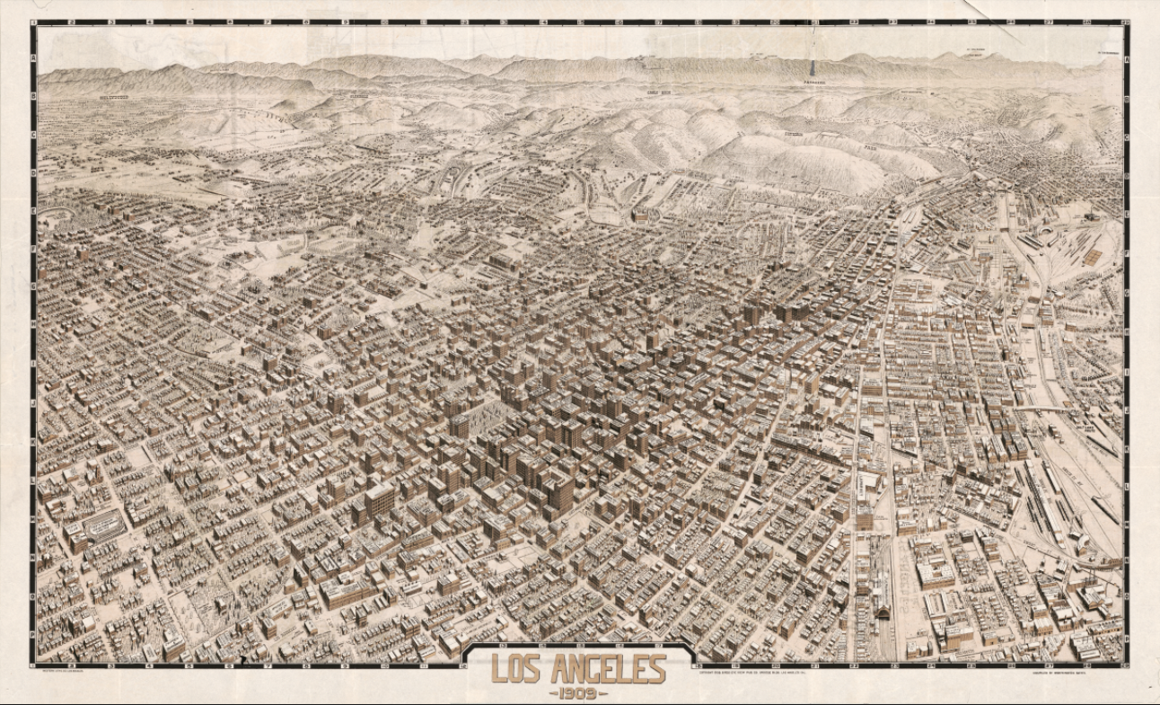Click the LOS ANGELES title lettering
click(578, 670)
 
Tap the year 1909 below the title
click(578, 692)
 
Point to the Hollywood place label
click(114, 96)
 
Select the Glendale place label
click(359, 94)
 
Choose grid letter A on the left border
click(33, 56)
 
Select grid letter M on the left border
click(33, 517)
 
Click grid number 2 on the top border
click(72, 22)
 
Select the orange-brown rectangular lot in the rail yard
click(1092, 256)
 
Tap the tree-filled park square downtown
click(489, 419)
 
